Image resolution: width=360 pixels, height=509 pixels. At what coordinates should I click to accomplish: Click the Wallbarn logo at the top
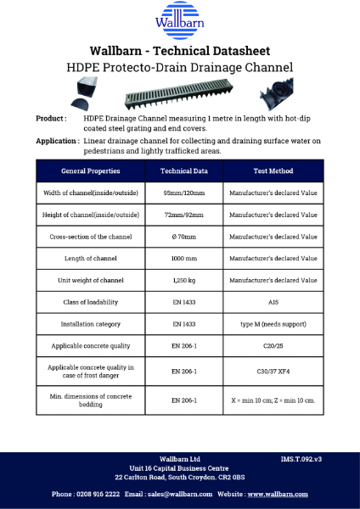point(180,21)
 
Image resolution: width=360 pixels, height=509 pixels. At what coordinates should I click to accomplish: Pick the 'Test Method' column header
point(273,171)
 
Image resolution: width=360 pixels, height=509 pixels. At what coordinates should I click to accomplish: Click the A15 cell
point(273,302)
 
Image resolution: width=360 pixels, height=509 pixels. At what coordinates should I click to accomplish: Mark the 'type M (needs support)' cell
point(273,324)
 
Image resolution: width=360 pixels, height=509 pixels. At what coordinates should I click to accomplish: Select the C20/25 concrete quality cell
point(273,346)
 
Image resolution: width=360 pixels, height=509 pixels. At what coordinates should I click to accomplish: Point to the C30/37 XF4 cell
point(273,372)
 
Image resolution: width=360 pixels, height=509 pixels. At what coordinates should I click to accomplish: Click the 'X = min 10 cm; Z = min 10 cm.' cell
point(273,400)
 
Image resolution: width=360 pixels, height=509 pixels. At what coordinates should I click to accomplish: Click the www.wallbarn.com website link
point(278,493)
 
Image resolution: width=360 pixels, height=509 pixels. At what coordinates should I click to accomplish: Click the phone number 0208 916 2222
point(98,493)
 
